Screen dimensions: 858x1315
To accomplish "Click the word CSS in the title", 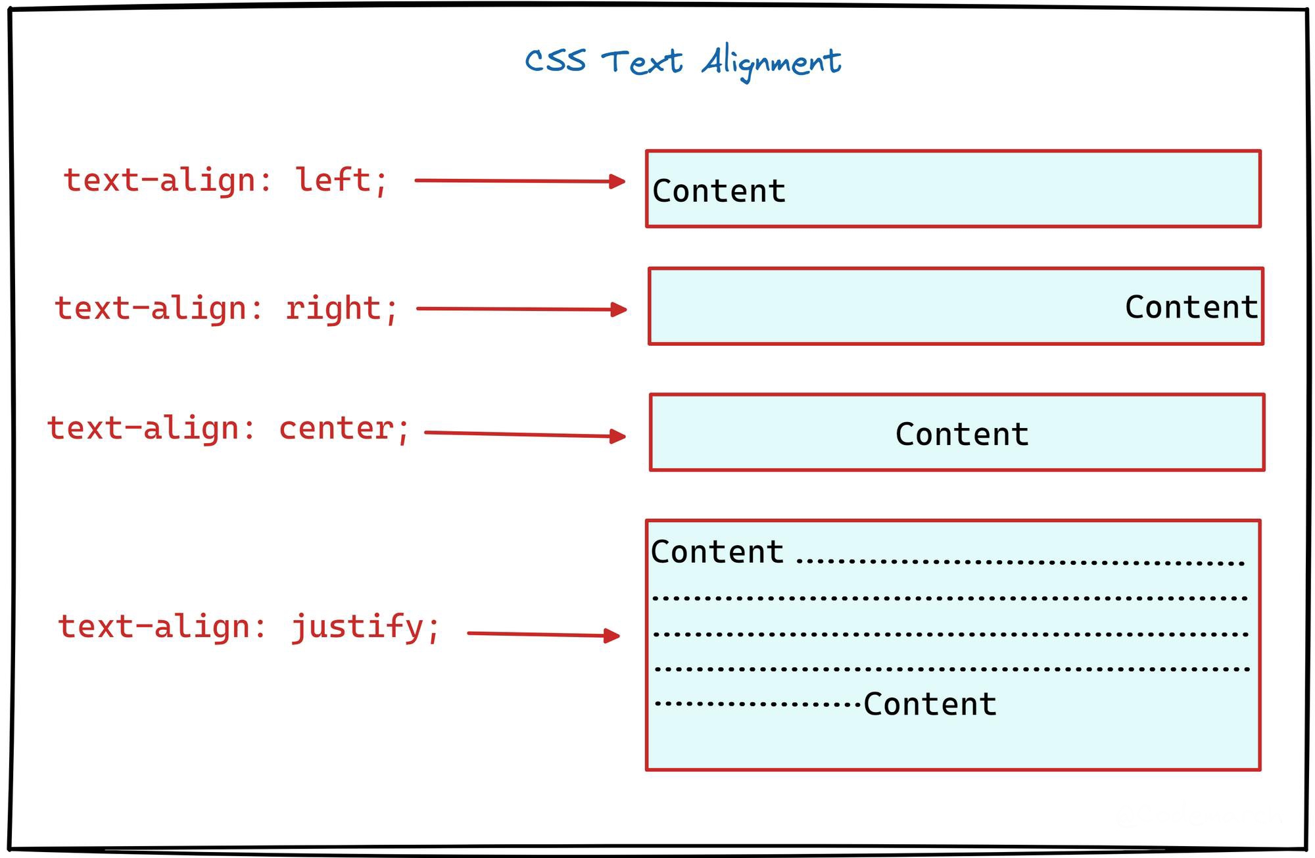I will (555, 61).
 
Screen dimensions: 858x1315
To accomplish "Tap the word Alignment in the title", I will (771, 63).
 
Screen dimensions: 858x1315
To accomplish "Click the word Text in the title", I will (642, 62).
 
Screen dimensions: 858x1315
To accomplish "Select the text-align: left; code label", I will (226, 180).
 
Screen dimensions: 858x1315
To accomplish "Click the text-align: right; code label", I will (226, 308).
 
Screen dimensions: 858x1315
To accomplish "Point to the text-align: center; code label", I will (228, 429).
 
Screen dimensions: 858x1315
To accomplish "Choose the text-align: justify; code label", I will (249, 627).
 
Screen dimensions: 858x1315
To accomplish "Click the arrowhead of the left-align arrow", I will (617, 181).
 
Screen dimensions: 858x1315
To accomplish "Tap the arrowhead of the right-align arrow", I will (618, 309).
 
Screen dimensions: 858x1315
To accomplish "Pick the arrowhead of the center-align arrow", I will (617, 436).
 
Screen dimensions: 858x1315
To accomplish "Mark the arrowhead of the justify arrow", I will (611, 635).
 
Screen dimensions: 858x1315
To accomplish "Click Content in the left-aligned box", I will (719, 191).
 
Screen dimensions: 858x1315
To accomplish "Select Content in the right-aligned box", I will (1191, 307).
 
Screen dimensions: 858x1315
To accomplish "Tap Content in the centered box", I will (962, 435).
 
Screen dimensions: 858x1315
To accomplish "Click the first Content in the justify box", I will (717, 552).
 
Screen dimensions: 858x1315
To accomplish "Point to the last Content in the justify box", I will (930, 704).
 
